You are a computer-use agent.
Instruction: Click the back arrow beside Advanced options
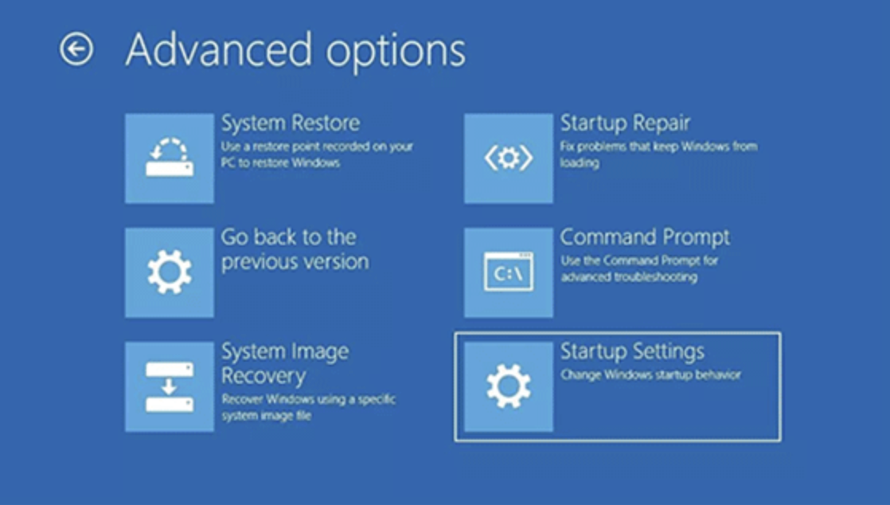pyautogui.click(x=76, y=50)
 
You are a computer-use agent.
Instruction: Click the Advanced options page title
pyautogui.click(x=295, y=50)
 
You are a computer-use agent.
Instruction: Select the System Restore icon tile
pyautogui.click(x=170, y=158)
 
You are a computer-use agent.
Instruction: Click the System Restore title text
pyautogui.click(x=290, y=123)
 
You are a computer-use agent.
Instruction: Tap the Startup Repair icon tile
pyautogui.click(x=509, y=158)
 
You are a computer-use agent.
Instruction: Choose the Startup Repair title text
pyautogui.click(x=625, y=123)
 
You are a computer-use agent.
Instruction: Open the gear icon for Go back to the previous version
pyautogui.click(x=170, y=272)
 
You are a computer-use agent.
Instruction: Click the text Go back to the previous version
pyautogui.click(x=294, y=249)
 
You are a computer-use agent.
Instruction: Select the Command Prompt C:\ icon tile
pyautogui.click(x=509, y=272)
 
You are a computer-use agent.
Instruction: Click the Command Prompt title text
pyautogui.click(x=645, y=237)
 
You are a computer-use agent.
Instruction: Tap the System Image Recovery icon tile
pyautogui.click(x=170, y=387)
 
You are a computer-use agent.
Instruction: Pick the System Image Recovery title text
pyautogui.click(x=284, y=363)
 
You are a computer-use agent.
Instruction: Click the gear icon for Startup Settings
pyautogui.click(x=509, y=387)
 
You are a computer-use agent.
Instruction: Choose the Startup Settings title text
pyautogui.click(x=632, y=351)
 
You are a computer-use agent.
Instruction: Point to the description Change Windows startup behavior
pyautogui.click(x=650, y=374)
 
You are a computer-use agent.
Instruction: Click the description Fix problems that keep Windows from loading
pyautogui.click(x=658, y=154)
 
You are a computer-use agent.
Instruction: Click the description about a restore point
pyautogui.click(x=317, y=155)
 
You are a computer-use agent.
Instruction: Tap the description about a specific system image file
pyautogui.click(x=307, y=407)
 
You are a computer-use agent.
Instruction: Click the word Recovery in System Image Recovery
pyautogui.click(x=263, y=376)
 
